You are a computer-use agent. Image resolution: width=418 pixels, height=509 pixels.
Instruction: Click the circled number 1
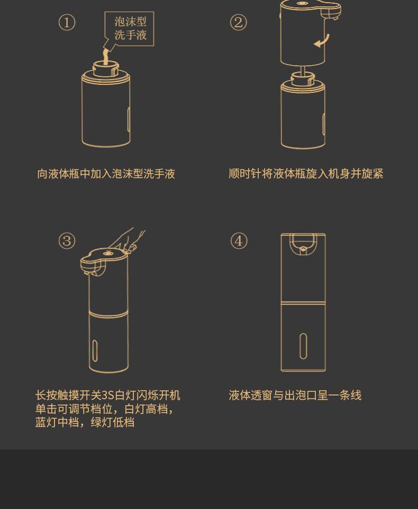pos(67,23)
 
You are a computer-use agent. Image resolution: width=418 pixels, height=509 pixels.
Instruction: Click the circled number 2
pos(238,23)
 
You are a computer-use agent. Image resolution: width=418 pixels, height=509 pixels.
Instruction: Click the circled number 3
pos(67,241)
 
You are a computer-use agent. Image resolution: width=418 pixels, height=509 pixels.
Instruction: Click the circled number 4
pos(239,241)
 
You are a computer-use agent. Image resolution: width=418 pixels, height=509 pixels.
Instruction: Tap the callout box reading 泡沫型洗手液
pos(130,29)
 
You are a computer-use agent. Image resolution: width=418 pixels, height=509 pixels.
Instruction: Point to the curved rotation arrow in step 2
pos(323,41)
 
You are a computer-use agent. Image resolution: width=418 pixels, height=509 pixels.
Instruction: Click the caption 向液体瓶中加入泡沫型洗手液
pos(106,174)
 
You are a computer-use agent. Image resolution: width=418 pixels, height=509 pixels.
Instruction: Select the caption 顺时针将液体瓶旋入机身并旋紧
pos(306,174)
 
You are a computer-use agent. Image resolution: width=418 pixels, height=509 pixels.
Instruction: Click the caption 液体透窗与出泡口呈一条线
pos(295,396)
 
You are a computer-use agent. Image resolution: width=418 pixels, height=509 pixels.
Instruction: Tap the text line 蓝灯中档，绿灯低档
pos(85,423)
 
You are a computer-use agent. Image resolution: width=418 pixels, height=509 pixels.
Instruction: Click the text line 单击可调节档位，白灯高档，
pos(104,409)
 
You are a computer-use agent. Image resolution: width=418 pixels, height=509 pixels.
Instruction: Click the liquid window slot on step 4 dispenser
pos(303,346)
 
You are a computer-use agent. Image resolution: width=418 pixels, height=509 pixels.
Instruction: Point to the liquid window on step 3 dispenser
pos(95,350)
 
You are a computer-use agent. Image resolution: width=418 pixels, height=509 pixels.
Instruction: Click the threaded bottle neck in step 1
pos(106,68)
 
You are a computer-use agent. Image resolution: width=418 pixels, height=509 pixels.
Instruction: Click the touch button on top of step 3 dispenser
pos(107,253)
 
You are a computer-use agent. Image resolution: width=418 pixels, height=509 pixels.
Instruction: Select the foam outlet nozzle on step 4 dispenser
pos(303,249)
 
